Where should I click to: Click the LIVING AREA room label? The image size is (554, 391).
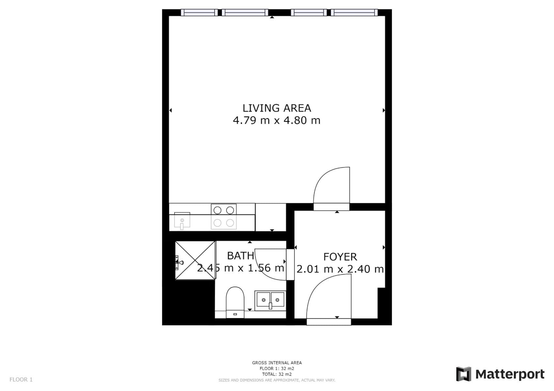point(277,108)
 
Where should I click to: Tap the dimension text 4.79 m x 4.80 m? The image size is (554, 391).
point(277,121)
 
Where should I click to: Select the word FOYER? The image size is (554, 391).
point(340,257)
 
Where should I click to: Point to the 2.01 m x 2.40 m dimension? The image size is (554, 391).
point(340,269)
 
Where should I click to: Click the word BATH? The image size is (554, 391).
point(240,256)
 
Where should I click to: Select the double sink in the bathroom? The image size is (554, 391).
point(270,300)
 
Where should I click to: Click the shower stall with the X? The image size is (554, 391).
point(195,260)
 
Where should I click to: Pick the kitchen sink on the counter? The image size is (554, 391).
point(182,221)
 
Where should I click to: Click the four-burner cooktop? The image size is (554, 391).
point(223,216)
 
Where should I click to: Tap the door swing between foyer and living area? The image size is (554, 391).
point(331,187)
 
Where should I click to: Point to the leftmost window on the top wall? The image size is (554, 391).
point(199,12)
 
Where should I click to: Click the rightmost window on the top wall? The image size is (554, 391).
point(354,12)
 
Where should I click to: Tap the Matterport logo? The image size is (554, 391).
point(500,374)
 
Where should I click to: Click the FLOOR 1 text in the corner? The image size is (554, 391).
point(21,380)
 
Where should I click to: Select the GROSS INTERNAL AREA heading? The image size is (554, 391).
point(277,363)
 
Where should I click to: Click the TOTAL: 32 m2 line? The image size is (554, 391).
point(277,374)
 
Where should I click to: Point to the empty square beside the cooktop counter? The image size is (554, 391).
point(270,217)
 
